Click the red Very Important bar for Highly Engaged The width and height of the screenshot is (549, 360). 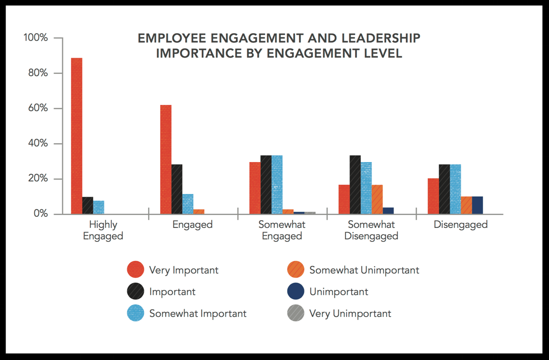pyautogui.click(x=76, y=136)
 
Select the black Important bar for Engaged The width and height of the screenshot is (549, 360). pyautogui.click(x=177, y=189)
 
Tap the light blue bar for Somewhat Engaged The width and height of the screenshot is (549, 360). pyautogui.click(x=277, y=184)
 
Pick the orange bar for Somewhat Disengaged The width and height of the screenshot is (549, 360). pyautogui.click(x=377, y=199)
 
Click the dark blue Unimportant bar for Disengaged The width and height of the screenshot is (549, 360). pyautogui.click(x=477, y=205)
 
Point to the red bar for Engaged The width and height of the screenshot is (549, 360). pyautogui.click(x=166, y=159)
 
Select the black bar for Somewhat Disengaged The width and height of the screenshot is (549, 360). pyautogui.click(x=355, y=184)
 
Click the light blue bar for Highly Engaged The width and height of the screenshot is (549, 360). pyautogui.click(x=98, y=207)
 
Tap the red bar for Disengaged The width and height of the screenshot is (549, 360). pyautogui.click(x=433, y=196)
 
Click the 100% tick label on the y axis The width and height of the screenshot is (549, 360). pyautogui.click(x=36, y=38)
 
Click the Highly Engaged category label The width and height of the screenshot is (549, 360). pyautogui.click(x=103, y=230)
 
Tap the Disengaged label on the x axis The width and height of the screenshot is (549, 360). pyautogui.click(x=460, y=225)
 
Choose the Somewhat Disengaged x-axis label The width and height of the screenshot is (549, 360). pyautogui.click(x=371, y=230)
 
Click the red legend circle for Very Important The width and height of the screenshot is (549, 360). pyautogui.click(x=135, y=270)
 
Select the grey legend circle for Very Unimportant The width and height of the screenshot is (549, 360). pyautogui.click(x=296, y=313)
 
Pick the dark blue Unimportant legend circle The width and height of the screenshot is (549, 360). pyautogui.click(x=296, y=292)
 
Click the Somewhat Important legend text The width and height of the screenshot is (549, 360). pyautogui.click(x=198, y=314)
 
